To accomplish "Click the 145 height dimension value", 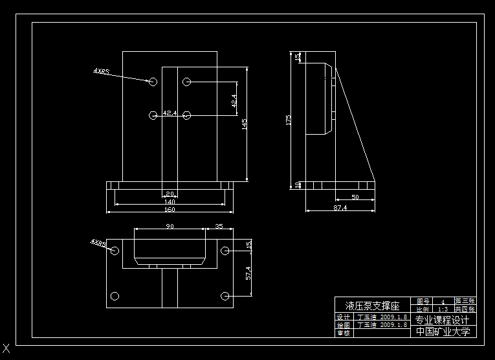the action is tap(245, 124).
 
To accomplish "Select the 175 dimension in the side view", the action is tap(289, 120).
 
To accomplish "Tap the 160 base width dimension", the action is tap(170, 209).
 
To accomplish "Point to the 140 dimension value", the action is tap(170, 201).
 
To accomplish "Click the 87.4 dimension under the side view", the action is tap(340, 208).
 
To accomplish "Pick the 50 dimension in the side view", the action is tap(355, 196).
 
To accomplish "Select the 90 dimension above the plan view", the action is tap(170, 226).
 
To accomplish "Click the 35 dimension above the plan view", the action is tap(219, 226).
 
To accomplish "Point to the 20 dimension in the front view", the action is tap(170, 194).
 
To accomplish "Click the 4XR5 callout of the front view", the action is tap(101, 70).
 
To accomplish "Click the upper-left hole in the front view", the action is tap(153, 82).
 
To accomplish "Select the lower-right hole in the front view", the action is tap(187, 115).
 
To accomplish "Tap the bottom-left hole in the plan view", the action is tap(115, 297).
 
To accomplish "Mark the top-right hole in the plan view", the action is tap(225, 251).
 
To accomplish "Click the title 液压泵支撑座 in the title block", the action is tap(372, 305).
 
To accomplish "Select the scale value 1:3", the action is tap(443, 309).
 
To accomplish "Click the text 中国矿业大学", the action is tap(443, 332).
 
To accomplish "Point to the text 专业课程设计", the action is tap(443, 320).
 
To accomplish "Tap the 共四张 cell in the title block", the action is tap(465, 309).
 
